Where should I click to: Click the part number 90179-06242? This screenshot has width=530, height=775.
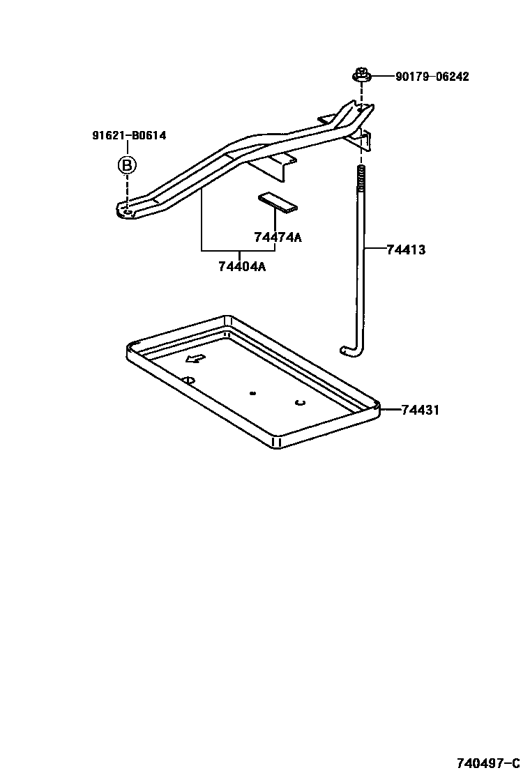(x=432, y=77)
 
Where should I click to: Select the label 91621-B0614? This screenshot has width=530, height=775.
(x=129, y=136)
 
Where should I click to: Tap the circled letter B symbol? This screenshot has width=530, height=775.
(x=126, y=165)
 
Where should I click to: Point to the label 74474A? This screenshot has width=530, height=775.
(x=278, y=238)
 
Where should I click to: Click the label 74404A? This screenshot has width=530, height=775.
(x=242, y=266)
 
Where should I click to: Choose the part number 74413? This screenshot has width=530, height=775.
(x=406, y=249)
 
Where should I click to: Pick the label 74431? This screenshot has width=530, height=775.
(x=420, y=410)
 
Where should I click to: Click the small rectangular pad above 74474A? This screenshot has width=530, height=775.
(x=278, y=201)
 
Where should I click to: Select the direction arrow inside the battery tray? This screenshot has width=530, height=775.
(x=195, y=358)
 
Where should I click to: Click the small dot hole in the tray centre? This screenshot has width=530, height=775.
(x=252, y=393)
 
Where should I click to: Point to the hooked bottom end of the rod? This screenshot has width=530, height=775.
(x=348, y=350)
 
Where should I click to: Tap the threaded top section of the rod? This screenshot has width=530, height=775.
(x=361, y=182)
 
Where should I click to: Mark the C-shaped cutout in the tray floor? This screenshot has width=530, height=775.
(x=301, y=402)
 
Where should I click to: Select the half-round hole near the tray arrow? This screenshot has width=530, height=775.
(x=188, y=379)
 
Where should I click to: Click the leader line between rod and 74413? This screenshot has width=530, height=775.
(x=374, y=249)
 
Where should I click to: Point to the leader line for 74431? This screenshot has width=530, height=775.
(x=391, y=410)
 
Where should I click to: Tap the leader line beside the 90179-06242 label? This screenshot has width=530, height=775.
(x=381, y=77)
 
